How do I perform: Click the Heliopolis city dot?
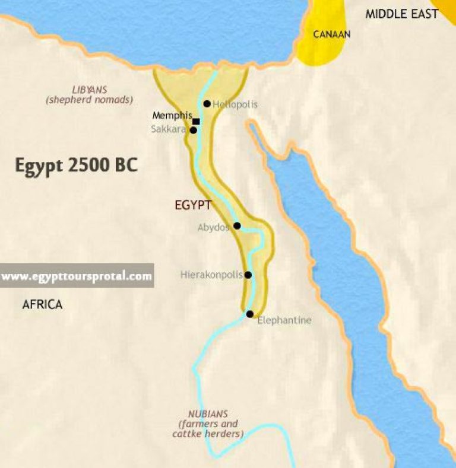tap(207, 104)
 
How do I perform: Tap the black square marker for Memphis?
tap(196, 122)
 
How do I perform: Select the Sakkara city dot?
tap(193, 130)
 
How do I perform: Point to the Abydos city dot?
tap(237, 226)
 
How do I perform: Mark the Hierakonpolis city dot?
tap(248, 275)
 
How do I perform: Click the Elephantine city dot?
tap(250, 314)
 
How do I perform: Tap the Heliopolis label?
tap(235, 104)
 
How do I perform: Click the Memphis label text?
tap(172, 116)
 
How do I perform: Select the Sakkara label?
tap(169, 128)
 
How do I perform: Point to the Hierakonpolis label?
tap(211, 275)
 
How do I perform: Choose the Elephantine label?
tap(284, 320)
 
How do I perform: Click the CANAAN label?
tap(332, 34)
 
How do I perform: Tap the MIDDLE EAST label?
tap(401, 14)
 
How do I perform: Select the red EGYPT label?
tap(194, 205)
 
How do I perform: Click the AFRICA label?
tap(42, 305)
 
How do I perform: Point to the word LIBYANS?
tap(89, 90)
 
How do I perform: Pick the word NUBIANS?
tap(208, 413)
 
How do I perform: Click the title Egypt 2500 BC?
tap(77, 165)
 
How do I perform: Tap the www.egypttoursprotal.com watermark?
tap(77, 276)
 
